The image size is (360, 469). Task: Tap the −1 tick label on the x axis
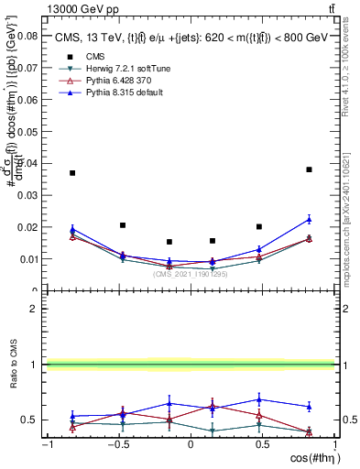click(46, 445)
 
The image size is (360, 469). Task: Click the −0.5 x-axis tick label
click(117, 445)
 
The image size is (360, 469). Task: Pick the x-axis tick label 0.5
click(263, 445)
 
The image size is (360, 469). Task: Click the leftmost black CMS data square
click(72, 173)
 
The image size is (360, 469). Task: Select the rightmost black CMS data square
click(310, 169)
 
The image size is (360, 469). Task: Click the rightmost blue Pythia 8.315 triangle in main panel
click(310, 219)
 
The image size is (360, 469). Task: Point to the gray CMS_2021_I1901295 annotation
click(191, 273)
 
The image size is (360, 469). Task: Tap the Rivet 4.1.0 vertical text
click(351, 64)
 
